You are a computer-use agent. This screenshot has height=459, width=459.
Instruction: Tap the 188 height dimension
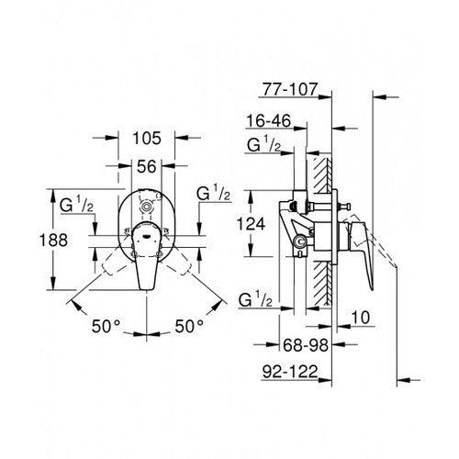31,241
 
